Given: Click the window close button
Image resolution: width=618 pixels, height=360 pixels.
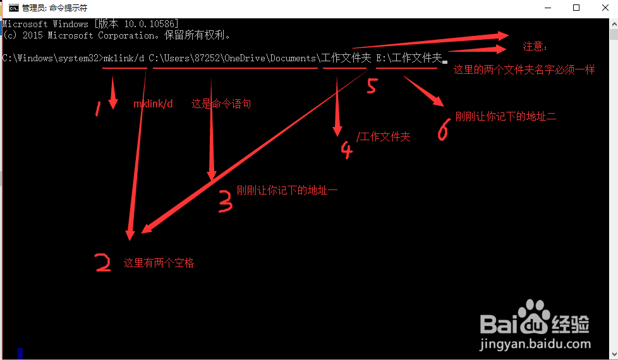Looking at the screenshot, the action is pyautogui.click(x=605, y=8).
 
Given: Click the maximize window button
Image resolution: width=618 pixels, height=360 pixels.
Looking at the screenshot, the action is pyautogui.click(x=576, y=8).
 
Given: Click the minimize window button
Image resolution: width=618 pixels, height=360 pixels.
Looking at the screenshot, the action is pyautogui.click(x=547, y=8).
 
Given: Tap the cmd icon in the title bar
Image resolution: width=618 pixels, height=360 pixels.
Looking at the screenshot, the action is pyautogui.click(x=13, y=8).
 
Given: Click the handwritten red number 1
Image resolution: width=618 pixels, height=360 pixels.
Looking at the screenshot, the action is pyautogui.click(x=98, y=110).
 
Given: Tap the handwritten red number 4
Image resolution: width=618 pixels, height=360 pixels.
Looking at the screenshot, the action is pyautogui.click(x=346, y=150).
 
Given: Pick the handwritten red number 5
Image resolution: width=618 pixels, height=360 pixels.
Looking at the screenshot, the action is pyautogui.click(x=372, y=85).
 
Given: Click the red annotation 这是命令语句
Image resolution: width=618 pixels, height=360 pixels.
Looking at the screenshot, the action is pyautogui.click(x=221, y=104).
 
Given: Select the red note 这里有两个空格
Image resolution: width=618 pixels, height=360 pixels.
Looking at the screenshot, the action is pyautogui.click(x=159, y=263).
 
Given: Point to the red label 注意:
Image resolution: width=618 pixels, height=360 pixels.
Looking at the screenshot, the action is pyautogui.click(x=535, y=47).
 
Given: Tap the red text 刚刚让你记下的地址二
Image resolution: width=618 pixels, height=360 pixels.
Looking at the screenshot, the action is pyautogui.click(x=506, y=116).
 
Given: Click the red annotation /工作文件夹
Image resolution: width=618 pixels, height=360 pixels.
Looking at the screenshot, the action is pyautogui.click(x=384, y=136).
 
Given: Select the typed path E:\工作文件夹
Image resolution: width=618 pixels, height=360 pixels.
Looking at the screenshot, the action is pyautogui.click(x=409, y=58).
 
